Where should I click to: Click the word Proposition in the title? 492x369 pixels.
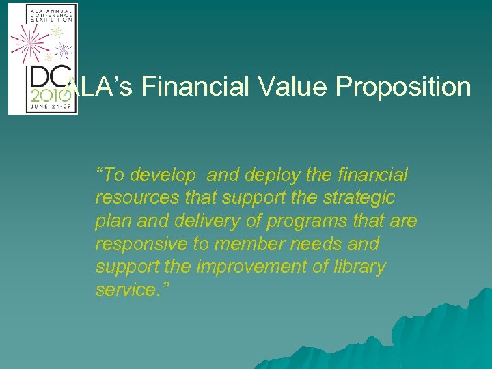404,88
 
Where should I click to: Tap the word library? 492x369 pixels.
359,267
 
